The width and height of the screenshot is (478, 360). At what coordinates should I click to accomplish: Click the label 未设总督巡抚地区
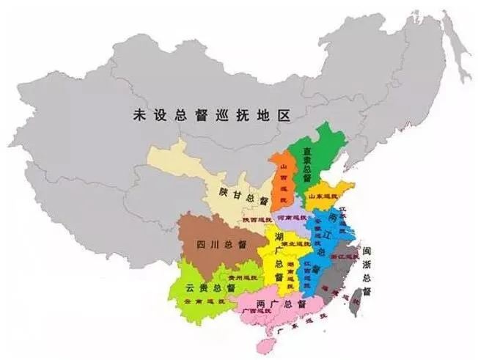click(x=212, y=115)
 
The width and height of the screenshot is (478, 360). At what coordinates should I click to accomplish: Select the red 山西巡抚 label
click(x=282, y=180)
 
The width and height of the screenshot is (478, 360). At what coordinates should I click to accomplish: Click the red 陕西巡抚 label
click(x=257, y=219)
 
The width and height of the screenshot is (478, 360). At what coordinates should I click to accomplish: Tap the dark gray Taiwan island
click(x=358, y=301)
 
